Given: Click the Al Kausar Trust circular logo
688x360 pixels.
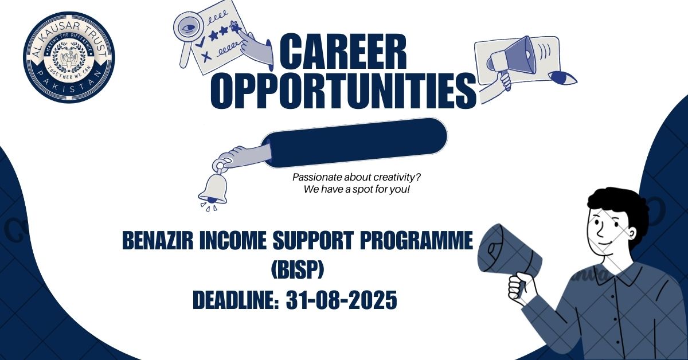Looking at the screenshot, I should (x=69, y=57).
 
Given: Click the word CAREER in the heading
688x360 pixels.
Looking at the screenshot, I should (x=342, y=53).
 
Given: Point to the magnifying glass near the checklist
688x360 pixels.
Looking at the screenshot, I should (x=187, y=32).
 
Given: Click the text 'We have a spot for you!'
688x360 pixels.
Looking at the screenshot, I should (x=357, y=189).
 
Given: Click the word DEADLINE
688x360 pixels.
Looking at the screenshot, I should (x=233, y=300).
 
